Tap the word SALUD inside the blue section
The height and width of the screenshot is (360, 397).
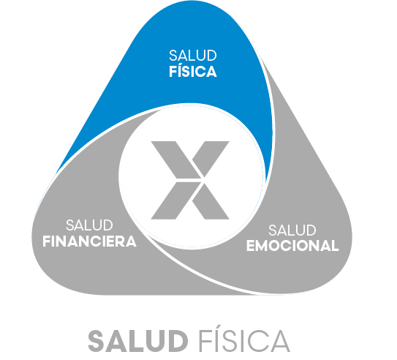pos(193,56)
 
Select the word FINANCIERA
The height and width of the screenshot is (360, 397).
pos(89,241)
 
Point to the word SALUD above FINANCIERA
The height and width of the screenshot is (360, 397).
pos(89,225)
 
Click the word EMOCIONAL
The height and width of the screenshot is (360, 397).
pos(292,246)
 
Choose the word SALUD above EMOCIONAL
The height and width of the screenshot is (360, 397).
pos(292,230)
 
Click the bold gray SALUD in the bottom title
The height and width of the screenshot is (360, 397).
pos(138,341)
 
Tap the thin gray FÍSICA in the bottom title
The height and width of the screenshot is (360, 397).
pos(244,340)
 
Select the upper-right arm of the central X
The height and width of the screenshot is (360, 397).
pos(211,158)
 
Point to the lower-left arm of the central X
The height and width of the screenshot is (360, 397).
pos(176,200)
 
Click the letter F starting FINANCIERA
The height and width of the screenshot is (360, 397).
pos(47,241)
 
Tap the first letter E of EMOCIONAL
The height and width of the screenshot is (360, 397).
pos(251,246)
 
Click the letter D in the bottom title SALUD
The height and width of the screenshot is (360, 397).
pos(177,341)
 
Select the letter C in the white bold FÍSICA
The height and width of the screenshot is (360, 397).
pos(201,72)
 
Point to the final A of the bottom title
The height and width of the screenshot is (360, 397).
pos(279,341)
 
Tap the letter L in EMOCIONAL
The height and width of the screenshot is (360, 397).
pos(336,246)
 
